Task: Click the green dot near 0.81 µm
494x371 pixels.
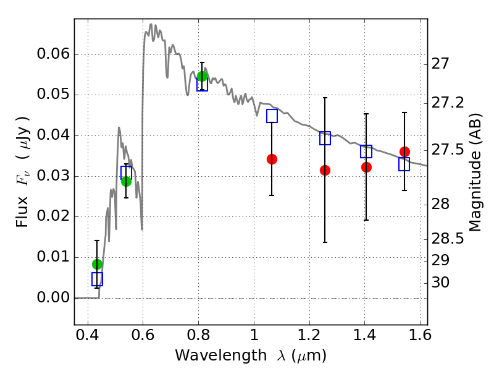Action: point(202,76)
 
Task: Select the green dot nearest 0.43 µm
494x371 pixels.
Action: point(97,264)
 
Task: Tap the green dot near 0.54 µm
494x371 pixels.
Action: point(126,181)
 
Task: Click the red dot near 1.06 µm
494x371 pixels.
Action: point(272,159)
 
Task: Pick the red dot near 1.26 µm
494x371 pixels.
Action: point(325,170)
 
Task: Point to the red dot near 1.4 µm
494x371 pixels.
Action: point(366,167)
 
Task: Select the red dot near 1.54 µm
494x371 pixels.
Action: point(404,151)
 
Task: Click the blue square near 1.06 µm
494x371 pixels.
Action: point(272,116)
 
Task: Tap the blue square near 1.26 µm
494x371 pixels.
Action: point(325,139)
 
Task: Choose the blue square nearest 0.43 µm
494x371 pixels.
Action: point(97,279)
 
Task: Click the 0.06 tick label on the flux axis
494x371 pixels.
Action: point(52,54)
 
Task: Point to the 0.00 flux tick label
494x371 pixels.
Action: point(52,298)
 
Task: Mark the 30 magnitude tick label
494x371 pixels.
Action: point(442,283)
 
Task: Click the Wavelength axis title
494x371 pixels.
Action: point(251,356)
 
